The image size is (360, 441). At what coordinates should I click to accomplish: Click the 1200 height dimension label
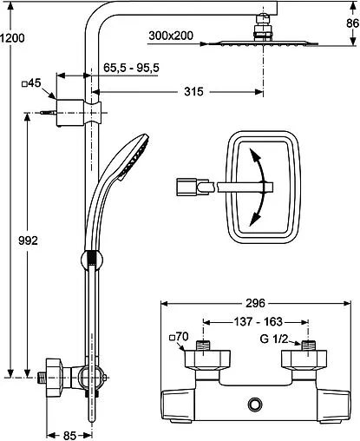pyautogui.click(x=12, y=38)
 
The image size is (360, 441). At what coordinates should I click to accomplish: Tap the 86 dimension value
pyautogui.click(x=352, y=23)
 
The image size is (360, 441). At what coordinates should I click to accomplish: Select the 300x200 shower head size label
pyautogui.click(x=171, y=36)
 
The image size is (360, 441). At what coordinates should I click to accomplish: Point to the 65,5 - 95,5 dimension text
pyautogui.click(x=131, y=68)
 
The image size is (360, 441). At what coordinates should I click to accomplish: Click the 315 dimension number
pyautogui.click(x=193, y=91)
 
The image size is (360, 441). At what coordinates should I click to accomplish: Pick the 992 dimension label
pyautogui.click(x=28, y=240)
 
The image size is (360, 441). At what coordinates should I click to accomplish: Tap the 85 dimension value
pyautogui.click(x=69, y=436)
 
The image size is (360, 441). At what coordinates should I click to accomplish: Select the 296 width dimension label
pyautogui.click(x=255, y=303)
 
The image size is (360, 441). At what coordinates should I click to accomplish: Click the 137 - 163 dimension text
pyautogui.click(x=258, y=321)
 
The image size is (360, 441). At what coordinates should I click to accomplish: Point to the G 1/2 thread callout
pyautogui.click(x=274, y=339)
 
